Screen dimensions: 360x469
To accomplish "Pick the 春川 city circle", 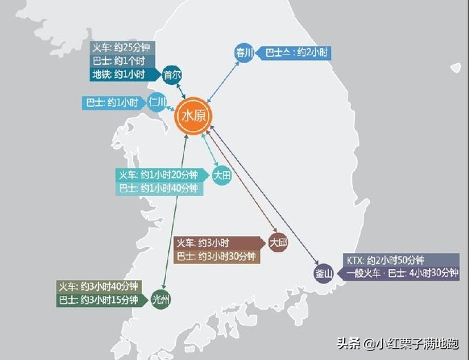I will (244, 52).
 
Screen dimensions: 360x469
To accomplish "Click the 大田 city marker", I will (221, 174).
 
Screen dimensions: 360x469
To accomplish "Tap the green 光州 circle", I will (160, 300).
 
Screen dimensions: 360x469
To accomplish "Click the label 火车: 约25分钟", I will (124, 48).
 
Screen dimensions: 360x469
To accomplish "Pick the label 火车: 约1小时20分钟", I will (159, 174).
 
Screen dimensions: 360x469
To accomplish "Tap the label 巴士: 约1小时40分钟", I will (159, 188).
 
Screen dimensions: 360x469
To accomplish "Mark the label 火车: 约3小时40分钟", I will (99, 286).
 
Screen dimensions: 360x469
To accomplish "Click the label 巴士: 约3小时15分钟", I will (99, 300).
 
